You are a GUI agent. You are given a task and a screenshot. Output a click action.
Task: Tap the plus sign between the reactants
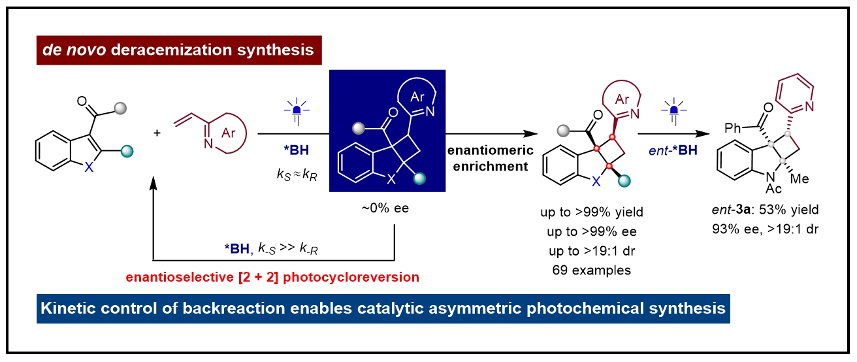[157, 133]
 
